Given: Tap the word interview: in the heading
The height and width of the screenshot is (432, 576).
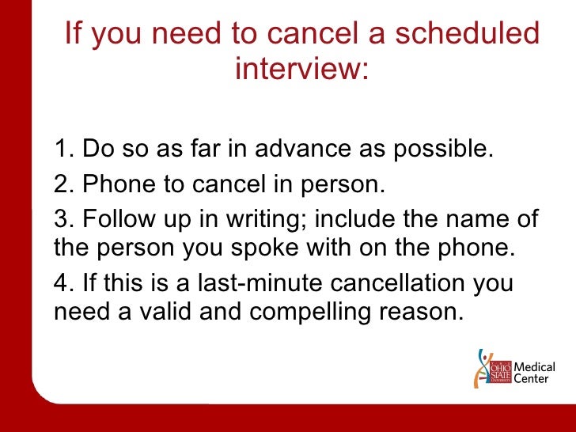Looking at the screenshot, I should (x=302, y=69).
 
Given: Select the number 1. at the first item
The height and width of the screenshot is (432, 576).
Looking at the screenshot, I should (x=65, y=149).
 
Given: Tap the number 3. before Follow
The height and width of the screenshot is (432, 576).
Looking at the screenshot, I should (x=65, y=218).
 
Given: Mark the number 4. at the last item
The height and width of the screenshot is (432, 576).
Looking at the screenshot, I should (x=65, y=282).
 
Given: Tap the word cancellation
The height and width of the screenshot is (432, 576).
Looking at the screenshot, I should (x=404, y=282).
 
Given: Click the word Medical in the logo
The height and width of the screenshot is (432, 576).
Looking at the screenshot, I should (x=535, y=367).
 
